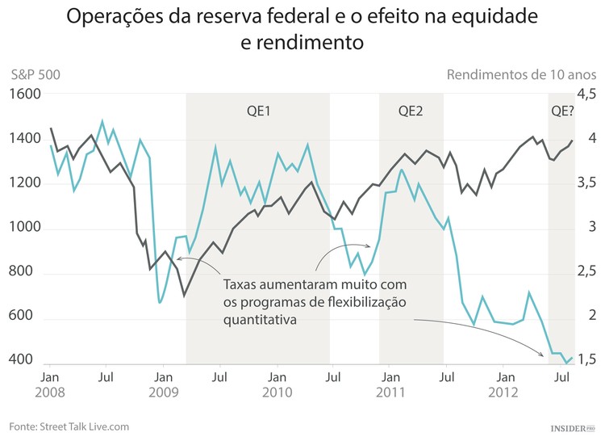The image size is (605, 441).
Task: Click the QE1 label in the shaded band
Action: click(x=258, y=111)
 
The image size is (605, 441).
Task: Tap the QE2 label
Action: click(x=411, y=111)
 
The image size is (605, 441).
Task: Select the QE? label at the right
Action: click(x=561, y=111)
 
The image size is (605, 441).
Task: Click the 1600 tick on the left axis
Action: click(x=25, y=94)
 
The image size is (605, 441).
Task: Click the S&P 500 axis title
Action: click(x=35, y=75)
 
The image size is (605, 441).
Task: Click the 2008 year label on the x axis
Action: click(x=49, y=393)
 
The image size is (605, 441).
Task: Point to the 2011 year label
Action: click(x=390, y=393)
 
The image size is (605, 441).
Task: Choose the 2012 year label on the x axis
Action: click(x=505, y=393)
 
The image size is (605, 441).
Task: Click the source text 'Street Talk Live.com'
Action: click(x=85, y=426)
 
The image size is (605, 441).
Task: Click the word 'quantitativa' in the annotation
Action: click(x=259, y=319)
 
